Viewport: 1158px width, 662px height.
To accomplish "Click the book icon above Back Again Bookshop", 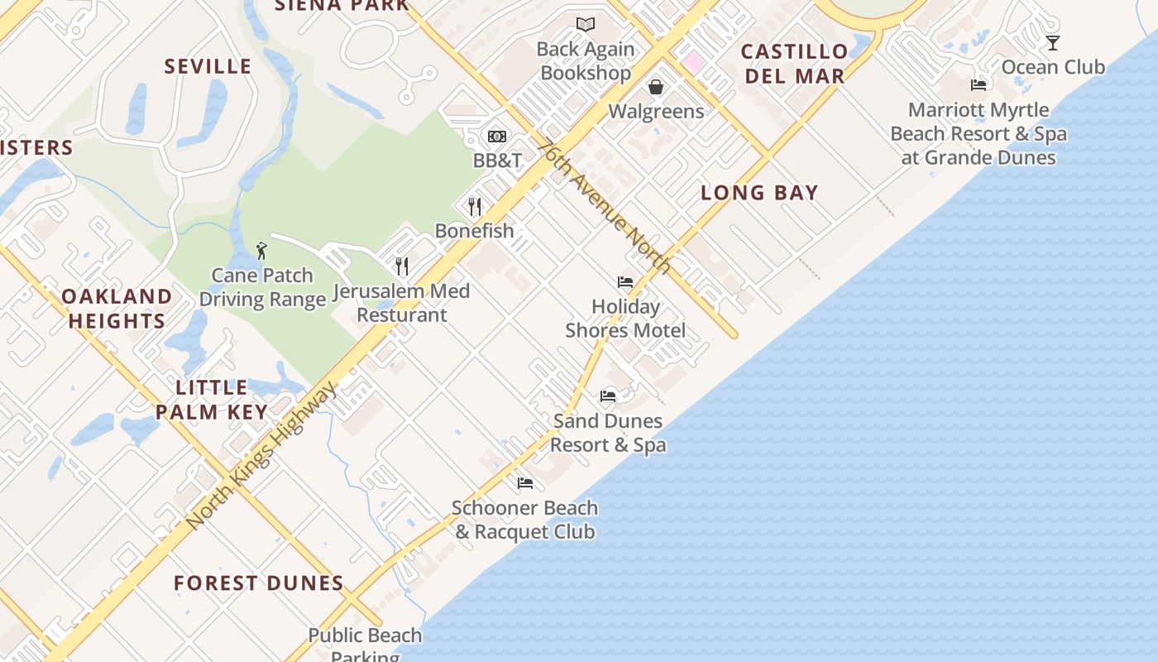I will [x=586, y=25].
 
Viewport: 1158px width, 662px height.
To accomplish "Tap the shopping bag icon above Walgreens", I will [x=656, y=87].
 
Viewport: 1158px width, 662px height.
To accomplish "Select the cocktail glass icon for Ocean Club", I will [x=1052, y=43].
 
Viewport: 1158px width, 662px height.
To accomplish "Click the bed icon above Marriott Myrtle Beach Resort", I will [x=979, y=84].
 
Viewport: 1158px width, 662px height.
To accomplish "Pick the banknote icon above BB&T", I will [x=497, y=137].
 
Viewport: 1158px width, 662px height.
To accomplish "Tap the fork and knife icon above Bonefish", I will [x=474, y=206].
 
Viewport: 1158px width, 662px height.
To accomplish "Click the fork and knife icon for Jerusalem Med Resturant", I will [x=402, y=266].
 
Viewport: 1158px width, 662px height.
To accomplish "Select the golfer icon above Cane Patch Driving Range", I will [x=261, y=250].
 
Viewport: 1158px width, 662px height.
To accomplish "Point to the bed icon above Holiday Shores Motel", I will [x=625, y=282].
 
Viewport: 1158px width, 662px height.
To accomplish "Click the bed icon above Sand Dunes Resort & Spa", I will [x=608, y=396].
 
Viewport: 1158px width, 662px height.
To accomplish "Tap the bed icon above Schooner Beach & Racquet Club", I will [x=525, y=483].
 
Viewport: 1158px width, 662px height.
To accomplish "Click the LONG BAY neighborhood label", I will [x=759, y=193].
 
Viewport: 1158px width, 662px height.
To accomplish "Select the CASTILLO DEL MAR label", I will [x=794, y=64].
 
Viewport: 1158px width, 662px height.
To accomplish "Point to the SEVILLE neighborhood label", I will [x=208, y=67].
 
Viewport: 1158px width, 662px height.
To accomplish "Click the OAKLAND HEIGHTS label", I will [x=117, y=309].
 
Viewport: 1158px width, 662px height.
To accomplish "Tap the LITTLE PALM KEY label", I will [x=212, y=400].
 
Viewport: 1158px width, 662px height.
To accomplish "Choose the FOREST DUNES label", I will [x=259, y=583].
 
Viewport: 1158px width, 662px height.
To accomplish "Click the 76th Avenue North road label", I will [x=603, y=205].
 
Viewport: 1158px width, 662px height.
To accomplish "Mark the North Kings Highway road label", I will [x=261, y=456].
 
